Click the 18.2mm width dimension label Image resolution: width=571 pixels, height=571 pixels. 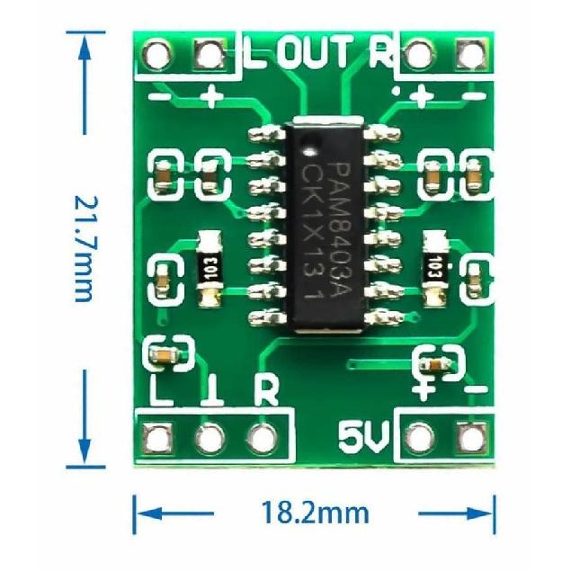315,513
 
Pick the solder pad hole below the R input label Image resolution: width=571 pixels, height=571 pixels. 263,438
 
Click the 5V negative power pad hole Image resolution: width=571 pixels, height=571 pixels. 469,438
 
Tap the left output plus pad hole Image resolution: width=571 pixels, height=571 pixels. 210,55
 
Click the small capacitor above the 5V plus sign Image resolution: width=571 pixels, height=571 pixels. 435,364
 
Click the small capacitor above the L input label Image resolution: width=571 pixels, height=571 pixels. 165,353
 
